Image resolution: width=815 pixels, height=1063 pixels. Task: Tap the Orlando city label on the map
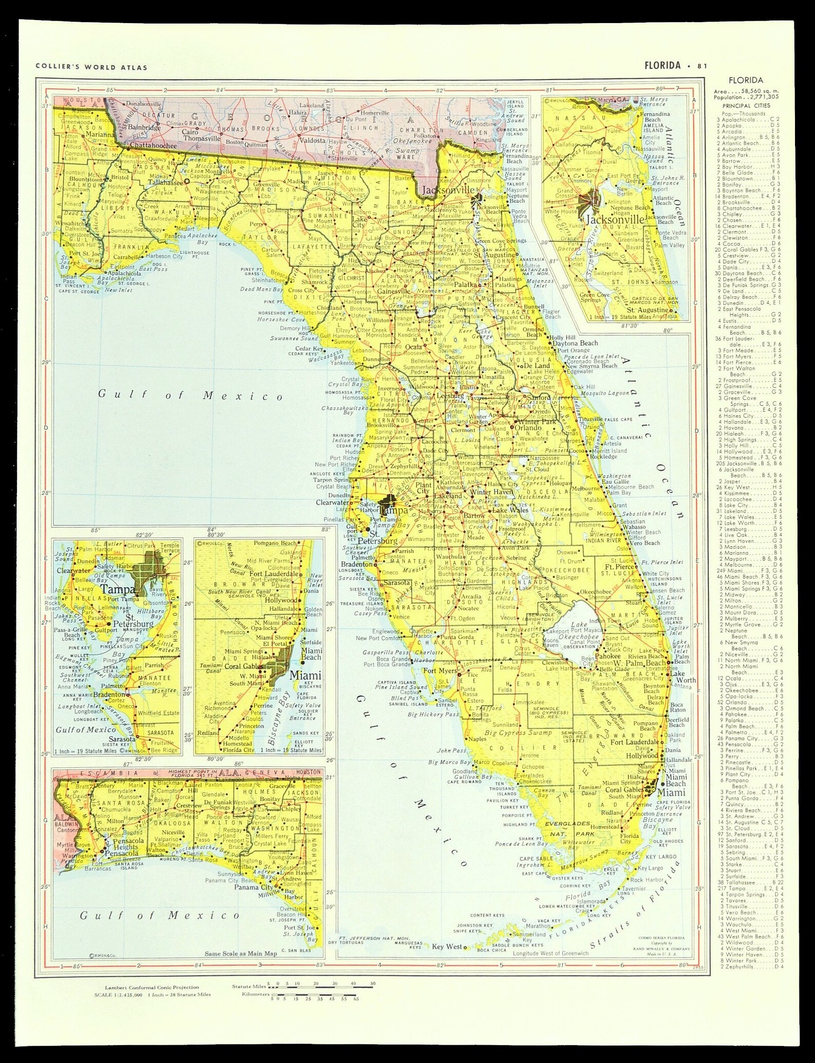point(529,427)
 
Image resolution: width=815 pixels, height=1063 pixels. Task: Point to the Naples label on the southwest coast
point(477,739)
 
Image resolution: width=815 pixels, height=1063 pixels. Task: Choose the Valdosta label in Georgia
point(313,140)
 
